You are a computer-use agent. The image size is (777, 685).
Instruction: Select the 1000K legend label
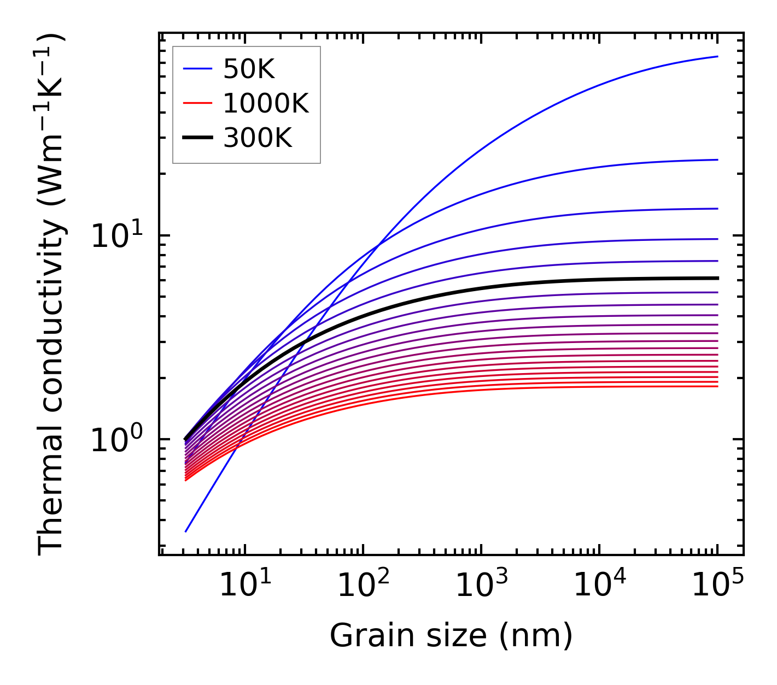[266, 103]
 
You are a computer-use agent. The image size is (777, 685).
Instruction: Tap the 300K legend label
[258, 138]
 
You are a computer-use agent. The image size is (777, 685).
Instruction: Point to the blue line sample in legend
[197, 69]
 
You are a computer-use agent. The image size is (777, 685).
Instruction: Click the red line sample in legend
[197, 103]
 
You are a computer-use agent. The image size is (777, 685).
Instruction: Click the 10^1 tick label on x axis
[244, 586]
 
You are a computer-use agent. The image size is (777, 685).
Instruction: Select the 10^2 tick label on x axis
[363, 586]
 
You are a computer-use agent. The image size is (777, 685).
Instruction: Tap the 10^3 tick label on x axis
[481, 586]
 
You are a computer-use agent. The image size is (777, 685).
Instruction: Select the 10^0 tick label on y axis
[116, 440]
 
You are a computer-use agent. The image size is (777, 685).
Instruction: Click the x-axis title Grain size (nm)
[451, 636]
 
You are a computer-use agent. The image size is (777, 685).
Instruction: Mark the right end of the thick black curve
[717, 278]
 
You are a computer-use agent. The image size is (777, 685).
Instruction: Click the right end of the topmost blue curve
[717, 56]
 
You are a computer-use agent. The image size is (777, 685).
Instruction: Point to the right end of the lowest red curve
[717, 386]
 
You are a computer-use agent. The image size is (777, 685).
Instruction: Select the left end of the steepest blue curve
[186, 531]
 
